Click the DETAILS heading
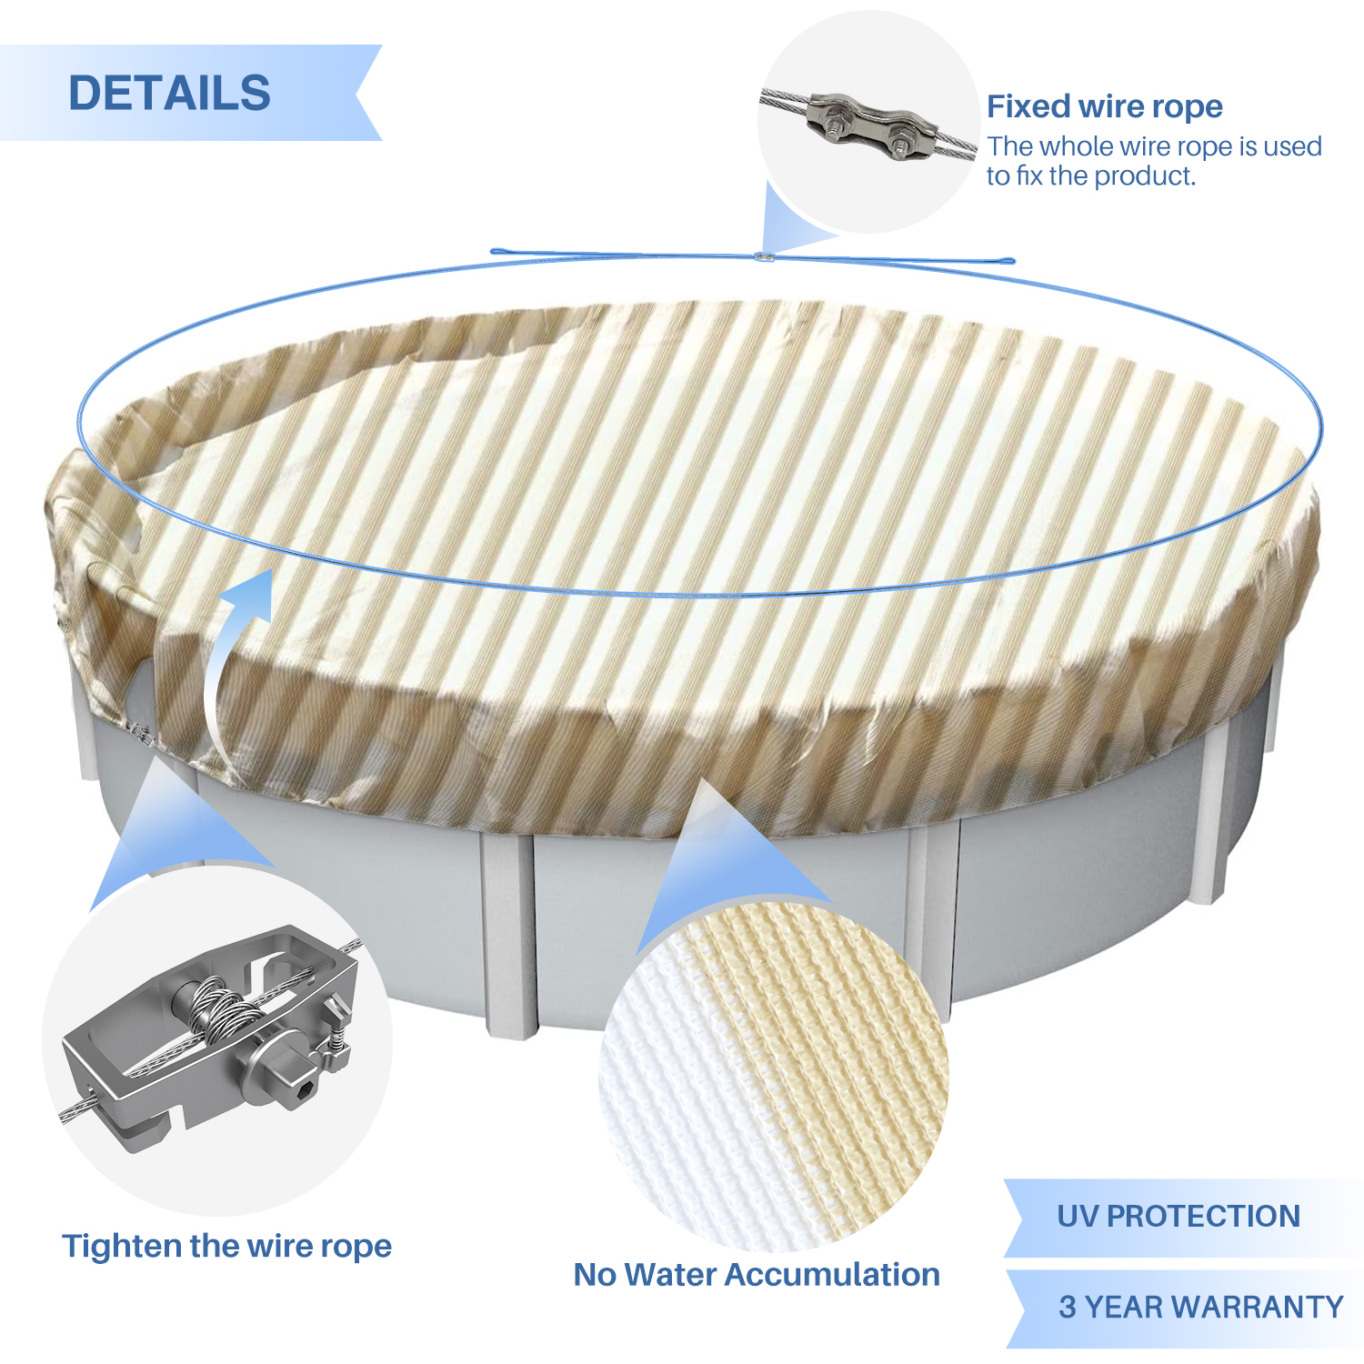click(170, 93)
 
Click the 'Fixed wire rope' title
click(1105, 106)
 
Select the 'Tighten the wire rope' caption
click(226, 1246)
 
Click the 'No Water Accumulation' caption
click(757, 1274)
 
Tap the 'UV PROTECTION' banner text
click(1178, 1216)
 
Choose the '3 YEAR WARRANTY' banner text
click(1201, 1307)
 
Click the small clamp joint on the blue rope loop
click(766, 257)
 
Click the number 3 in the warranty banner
click(1068, 1307)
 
